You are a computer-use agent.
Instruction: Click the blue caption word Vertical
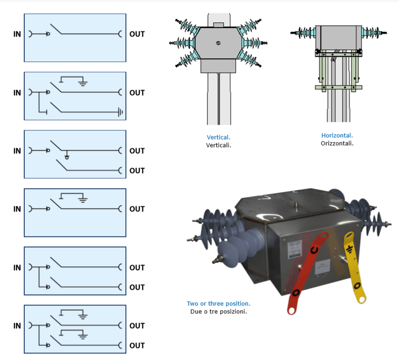tap(219, 137)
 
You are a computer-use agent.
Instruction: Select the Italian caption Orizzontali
tap(337, 143)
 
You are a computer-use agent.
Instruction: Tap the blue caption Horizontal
tap(337, 136)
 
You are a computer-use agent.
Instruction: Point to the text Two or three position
tap(219, 304)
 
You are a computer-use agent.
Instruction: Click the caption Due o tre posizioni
tap(219, 311)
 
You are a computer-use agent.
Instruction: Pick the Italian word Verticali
tap(219, 145)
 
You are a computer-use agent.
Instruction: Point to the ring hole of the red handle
tap(292, 309)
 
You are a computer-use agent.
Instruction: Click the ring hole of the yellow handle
tap(361, 297)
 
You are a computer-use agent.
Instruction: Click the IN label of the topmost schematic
tap(17, 34)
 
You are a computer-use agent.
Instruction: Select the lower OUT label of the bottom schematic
tap(137, 346)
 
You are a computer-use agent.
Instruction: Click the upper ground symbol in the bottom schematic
tap(83, 317)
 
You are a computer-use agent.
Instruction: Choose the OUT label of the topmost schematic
tap(137, 34)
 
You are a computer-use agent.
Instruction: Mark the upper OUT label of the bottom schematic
tap(137, 326)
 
